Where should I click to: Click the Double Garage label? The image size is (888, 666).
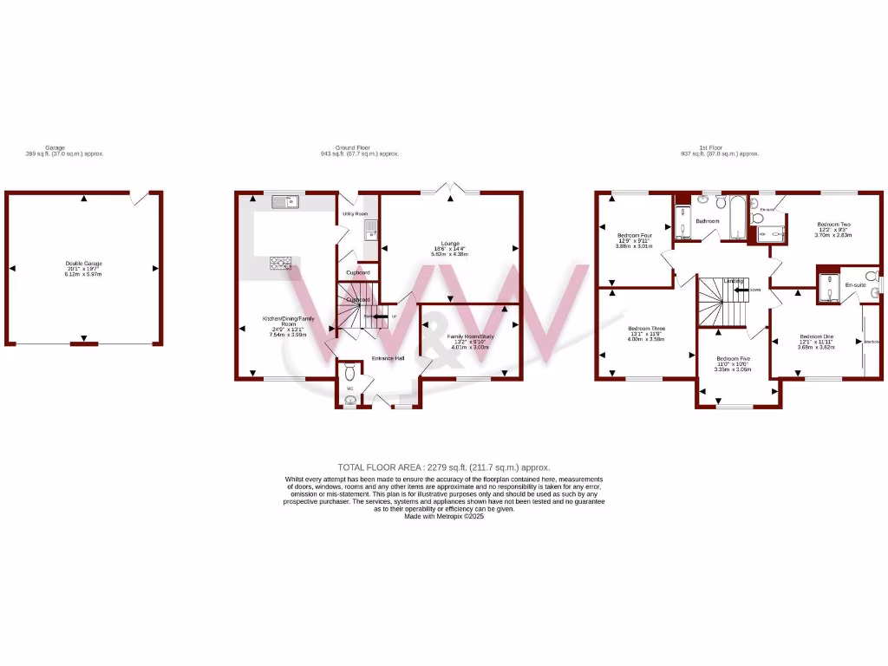pyautogui.click(x=83, y=263)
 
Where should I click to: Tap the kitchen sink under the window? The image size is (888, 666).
pyautogui.click(x=284, y=202)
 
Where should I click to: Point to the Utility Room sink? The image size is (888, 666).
pyautogui.click(x=370, y=229)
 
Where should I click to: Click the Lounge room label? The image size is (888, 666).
pyautogui.click(x=450, y=244)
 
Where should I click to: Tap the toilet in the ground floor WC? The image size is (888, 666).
pyautogui.click(x=349, y=374)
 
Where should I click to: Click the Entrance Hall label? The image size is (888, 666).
pyautogui.click(x=388, y=358)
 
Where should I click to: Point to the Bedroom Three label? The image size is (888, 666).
pyautogui.click(x=646, y=328)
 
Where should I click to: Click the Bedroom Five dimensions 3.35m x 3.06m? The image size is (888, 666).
pyautogui.click(x=733, y=369)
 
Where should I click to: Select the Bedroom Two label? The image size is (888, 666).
pyautogui.click(x=832, y=225)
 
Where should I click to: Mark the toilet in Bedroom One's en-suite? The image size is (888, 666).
pyautogui.click(x=873, y=283)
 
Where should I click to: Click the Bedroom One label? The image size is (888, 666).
pyautogui.click(x=816, y=336)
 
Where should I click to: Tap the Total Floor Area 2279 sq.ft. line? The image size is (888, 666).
pyautogui.click(x=443, y=467)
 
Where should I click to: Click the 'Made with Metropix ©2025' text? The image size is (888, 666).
pyautogui.click(x=443, y=517)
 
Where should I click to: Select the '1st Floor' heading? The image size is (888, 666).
pyautogui.click(x=719, y=147)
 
